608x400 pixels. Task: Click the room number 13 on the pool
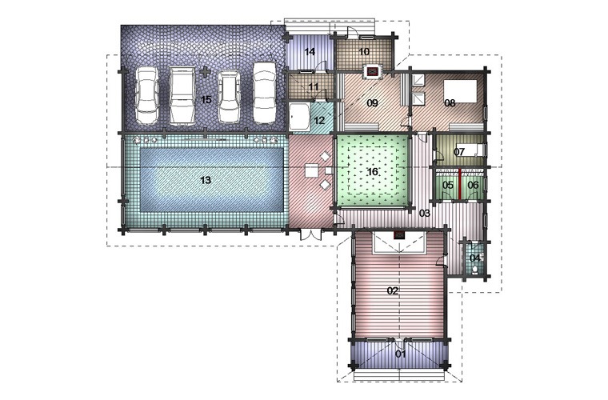pyautogui.click(x=206, y=180)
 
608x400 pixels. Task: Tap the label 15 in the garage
pyautogui.click(x=206, y=100)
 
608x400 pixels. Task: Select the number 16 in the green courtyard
pyautogui.click(x=372, y=172)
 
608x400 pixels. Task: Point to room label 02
pyautogui.click(x=393, y=290)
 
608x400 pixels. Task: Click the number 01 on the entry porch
pyautogui.click(x=401, y=354)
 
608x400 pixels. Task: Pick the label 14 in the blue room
pyautogui.click(x=310, y=51)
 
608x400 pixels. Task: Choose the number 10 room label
pyautogui.click(x=364, y=51)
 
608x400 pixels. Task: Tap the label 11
pyautogui.click(x=314, y=87)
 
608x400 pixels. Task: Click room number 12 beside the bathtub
pyautogui.click(x=319, y=121)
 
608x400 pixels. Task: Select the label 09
pyautogui.click(x=372, y=103)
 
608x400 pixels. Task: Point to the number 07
pyautogui.click(x=459, y=151)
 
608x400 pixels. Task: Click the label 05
pyautogui.click(x=448, y=186)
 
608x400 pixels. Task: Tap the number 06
pyautogui.click(x=473, y=186)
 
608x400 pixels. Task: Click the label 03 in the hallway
pyautogui.click(x=425, y=213)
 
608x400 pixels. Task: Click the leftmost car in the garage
pyautogui.click(x=147, y=95)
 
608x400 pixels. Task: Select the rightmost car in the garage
pyautogui.click(x=265, y=93)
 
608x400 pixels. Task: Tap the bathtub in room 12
pyautogui.click(x=299, y=117)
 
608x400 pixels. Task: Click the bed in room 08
pyautogui.click(x=460, y=91)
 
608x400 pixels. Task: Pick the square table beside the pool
pyautogui.click(x=311, y=170)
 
